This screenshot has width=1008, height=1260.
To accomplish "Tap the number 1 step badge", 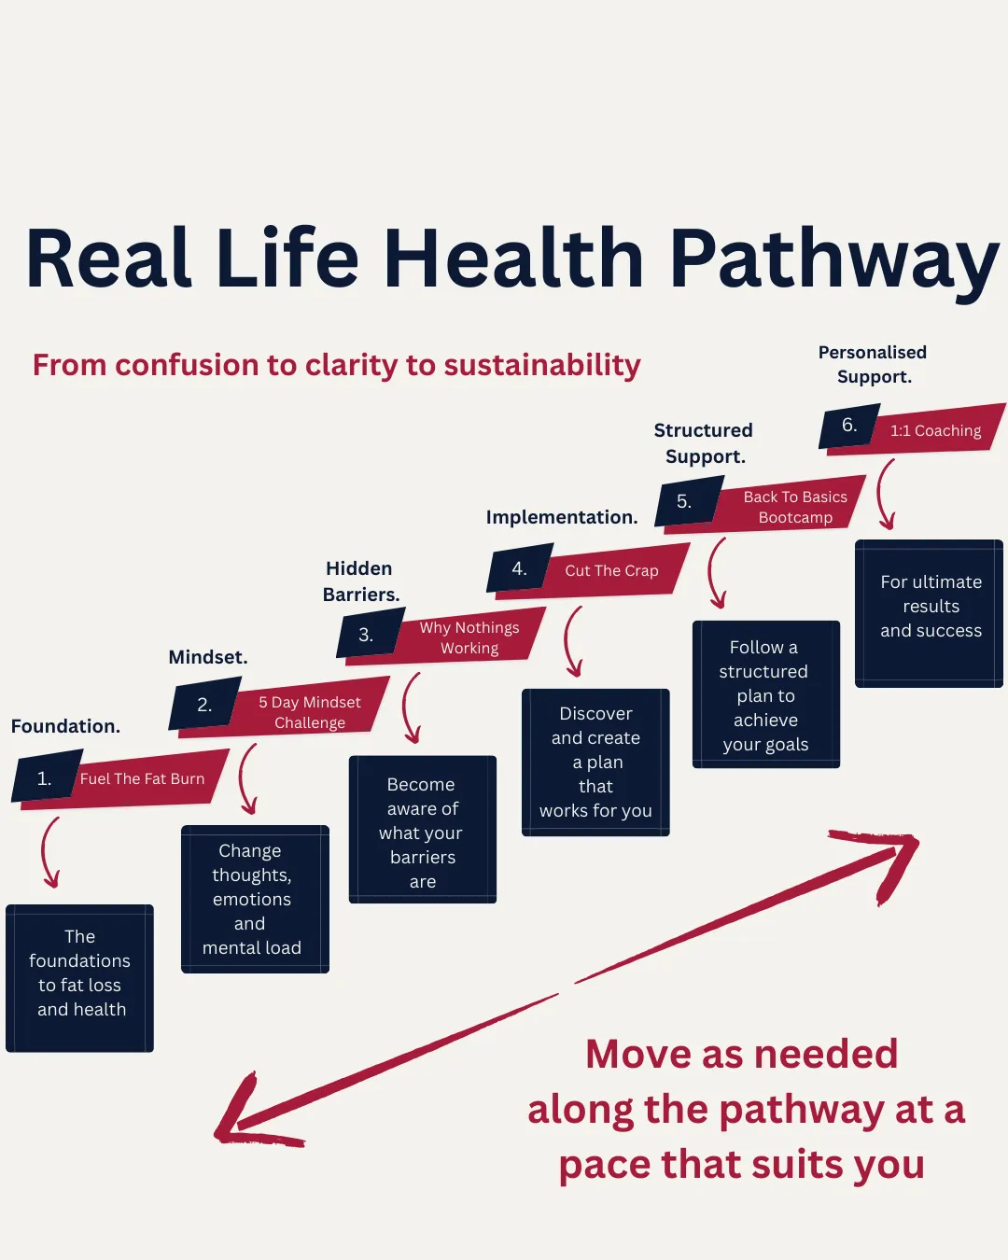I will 45,778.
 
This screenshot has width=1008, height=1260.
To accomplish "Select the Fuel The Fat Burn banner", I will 143,778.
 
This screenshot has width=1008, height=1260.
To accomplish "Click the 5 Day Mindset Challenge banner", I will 310,712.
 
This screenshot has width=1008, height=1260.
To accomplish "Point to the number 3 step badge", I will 367,635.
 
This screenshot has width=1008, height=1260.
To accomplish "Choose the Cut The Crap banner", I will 611,570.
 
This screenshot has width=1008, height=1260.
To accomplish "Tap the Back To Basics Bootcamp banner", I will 795,507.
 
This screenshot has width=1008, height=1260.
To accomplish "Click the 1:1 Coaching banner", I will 935,430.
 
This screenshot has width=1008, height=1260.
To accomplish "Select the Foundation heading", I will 65,726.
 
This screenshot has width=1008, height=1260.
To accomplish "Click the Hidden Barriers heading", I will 360,581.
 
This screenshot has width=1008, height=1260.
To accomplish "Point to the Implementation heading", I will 562,517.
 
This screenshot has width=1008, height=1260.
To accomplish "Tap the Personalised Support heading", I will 873,364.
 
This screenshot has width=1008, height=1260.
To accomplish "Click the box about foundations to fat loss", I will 80,977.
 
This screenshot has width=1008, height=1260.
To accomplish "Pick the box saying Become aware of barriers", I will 423,830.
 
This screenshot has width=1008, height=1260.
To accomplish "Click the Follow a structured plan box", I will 765,694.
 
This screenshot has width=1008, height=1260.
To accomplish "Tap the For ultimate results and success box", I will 930,612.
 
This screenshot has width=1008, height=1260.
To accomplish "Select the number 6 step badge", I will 849,426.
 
